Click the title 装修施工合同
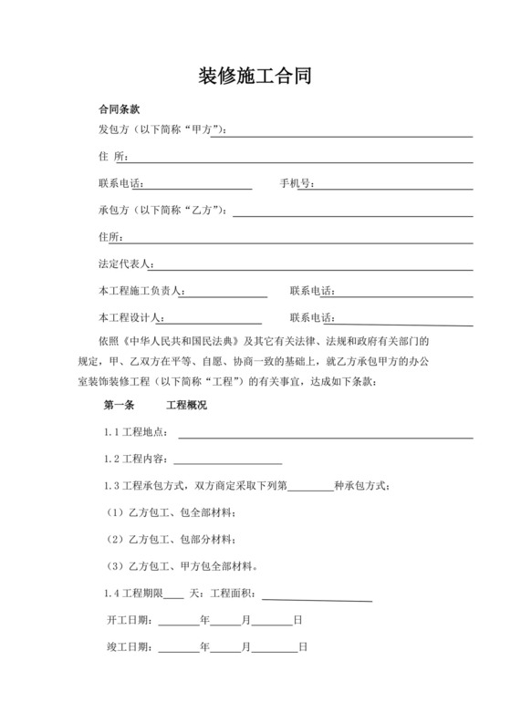pos(255,76)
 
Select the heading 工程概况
pos(185,404)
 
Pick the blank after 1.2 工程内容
pos(227,460)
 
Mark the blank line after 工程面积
pos(317,596)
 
